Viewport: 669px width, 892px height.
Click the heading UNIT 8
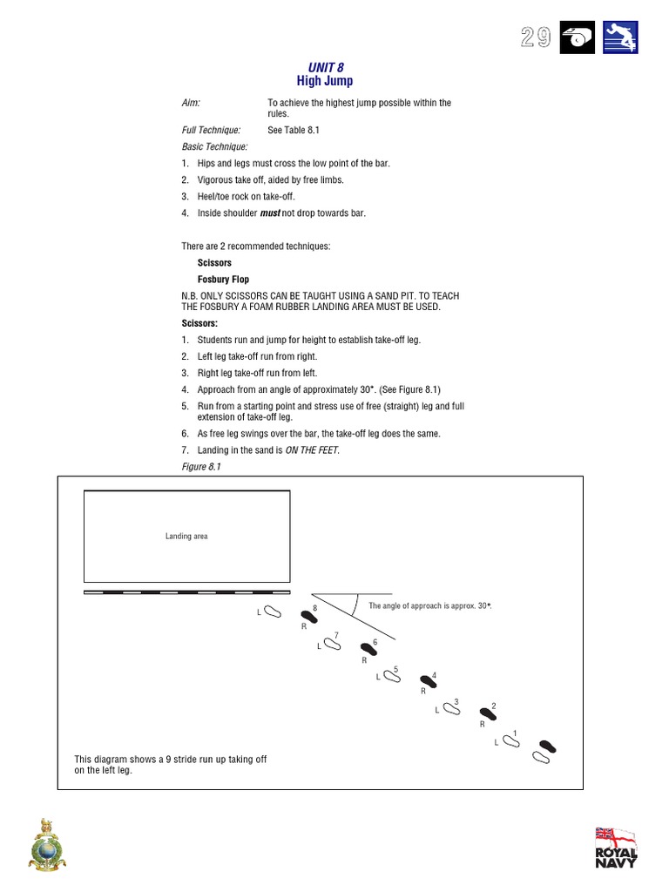click(321, 67)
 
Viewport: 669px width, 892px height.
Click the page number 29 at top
click(536, 37)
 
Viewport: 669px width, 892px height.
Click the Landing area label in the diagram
click(186, 536)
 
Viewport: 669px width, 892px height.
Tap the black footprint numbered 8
click(307, 615)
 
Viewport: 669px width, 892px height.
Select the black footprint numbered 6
click(368, 650)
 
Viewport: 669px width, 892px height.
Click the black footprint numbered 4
click(428, 680)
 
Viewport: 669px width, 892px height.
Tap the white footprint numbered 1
click(510, 741)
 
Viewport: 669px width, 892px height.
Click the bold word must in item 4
click(270, 213)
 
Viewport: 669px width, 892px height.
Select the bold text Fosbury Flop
click(223, 280)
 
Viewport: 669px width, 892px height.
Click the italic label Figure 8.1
click(201, 467)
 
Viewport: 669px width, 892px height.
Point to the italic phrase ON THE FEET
click(312, 449)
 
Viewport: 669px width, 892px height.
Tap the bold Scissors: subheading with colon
click(199, 323)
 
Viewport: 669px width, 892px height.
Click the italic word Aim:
click(191, 103)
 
